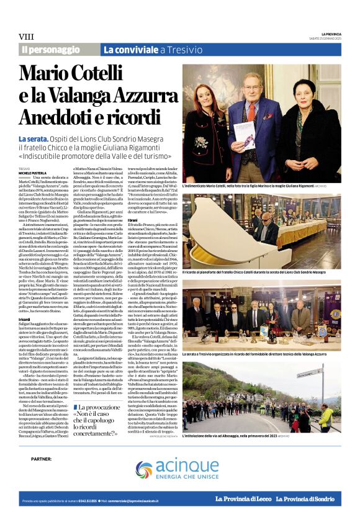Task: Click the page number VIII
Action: coord(26,37)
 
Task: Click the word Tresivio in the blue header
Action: coord(184,49)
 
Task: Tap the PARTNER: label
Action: coord(42,458)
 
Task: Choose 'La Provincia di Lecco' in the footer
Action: coord(242,500)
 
